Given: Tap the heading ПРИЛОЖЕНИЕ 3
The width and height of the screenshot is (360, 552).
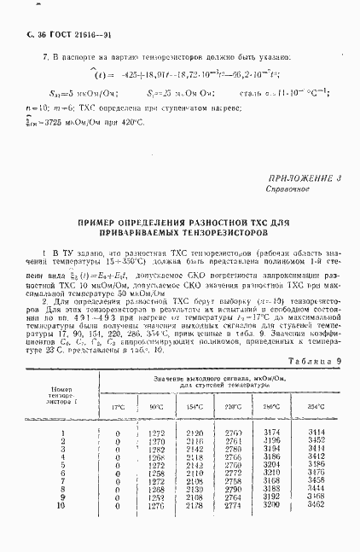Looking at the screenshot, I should [x=304, y=178].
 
